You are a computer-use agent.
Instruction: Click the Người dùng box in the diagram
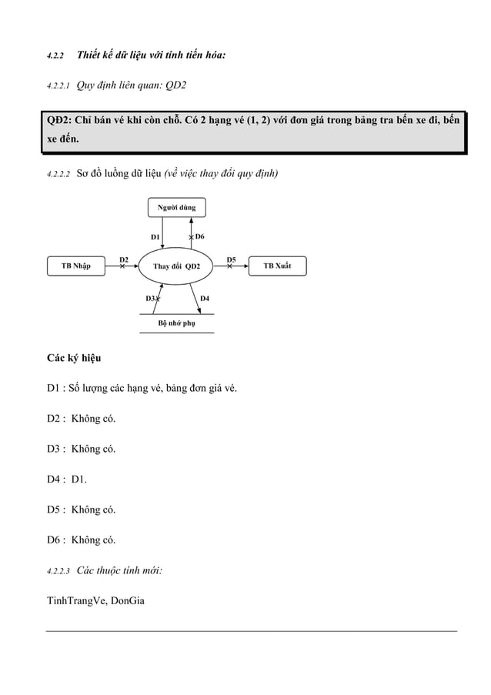pyautogui.click(x=176, y=208)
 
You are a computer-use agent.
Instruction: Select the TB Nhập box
pyautogui.click(x=75, y=266)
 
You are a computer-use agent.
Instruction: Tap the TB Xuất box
pyautogui.click(x=277, y=266)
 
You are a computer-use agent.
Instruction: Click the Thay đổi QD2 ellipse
pyautogui.click(x=176, y=267)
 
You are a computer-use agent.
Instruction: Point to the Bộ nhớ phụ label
pyautogui.click(x=176, y=324)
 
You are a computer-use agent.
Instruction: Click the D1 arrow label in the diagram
pyautogui.click(x=155, y=236)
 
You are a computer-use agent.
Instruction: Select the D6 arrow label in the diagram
pyautogui.click(x=199, y=236)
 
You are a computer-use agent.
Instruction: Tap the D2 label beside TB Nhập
pyautogui.click(x=123, y=259)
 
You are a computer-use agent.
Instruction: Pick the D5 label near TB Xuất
pyautogui.click(x=231, y=259)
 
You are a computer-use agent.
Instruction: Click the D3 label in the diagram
pyautogui.click(x=150, y=297)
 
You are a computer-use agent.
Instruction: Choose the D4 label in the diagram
pyautogui.click(x=205, y=297)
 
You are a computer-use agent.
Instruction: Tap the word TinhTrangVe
pyautogui.click(x=75, y=601)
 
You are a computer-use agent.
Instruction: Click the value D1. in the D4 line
pyautogui.click(x=79, y=479)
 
